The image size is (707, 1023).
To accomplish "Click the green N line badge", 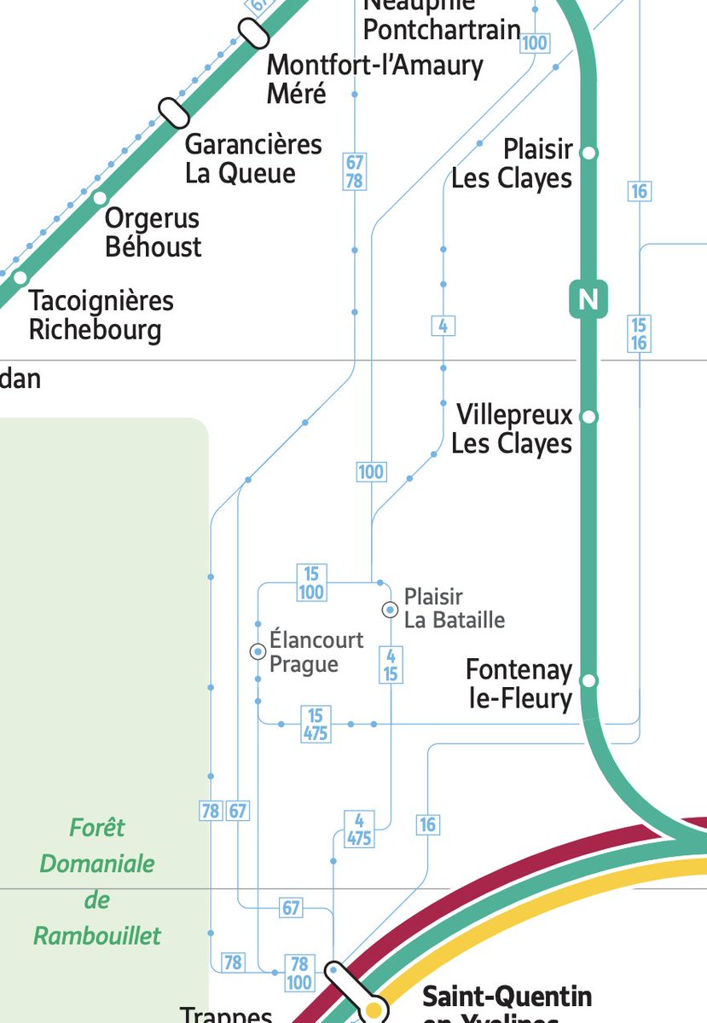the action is coord(588,299).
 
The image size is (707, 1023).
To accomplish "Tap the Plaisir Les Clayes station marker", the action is coord(588,153).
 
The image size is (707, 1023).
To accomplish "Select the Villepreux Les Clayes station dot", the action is coord(588,417).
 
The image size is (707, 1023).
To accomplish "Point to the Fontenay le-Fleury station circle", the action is coord(588,681).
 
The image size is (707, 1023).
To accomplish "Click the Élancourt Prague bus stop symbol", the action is coord(258,652).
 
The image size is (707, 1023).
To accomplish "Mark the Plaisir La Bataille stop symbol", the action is coord(390,610).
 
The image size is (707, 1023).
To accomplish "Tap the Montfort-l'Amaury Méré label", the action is coord(374,78).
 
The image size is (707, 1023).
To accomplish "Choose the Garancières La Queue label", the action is coord(253,159).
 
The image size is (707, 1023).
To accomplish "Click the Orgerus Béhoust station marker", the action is coord(100,199).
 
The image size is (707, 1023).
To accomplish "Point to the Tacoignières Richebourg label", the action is coord(101,315).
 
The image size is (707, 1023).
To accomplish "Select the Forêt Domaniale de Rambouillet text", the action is coord(97,881).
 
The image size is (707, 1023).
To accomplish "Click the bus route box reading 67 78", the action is coord(355,171).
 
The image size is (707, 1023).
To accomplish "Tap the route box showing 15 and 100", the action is coord(311,583).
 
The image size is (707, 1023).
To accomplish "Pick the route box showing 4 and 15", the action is coord(391,665).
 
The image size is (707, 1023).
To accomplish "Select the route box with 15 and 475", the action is coord(316,724).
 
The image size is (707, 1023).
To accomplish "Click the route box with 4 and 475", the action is coord(359,829).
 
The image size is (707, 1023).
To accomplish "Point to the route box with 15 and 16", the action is coord(639,333).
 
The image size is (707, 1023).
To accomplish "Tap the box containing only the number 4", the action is coord(443,325).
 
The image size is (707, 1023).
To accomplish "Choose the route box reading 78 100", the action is coord(299,973).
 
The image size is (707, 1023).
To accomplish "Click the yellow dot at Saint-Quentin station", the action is coord(373,1011).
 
